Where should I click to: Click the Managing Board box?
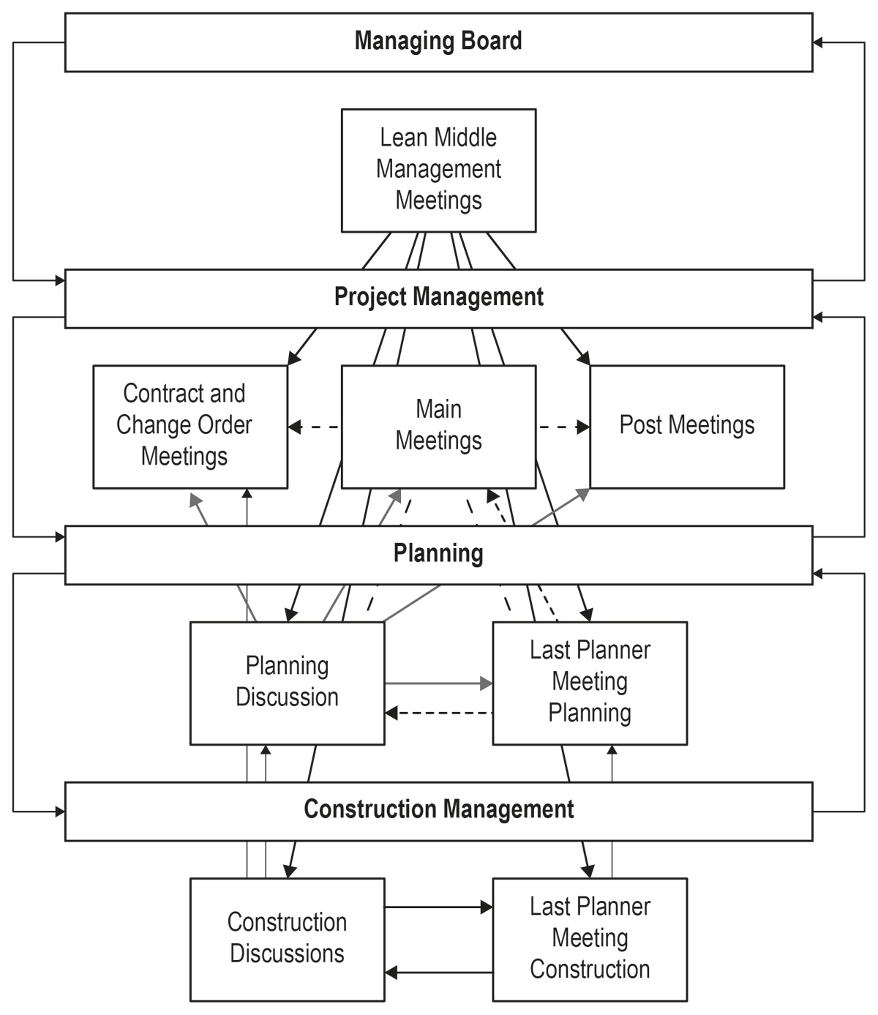(438, 42)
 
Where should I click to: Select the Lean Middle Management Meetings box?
(438, 171)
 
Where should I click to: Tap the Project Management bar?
(438, 299)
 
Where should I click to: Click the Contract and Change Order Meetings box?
(190, 427)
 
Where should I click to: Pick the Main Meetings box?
(438, 427)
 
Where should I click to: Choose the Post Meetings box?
(687, 427)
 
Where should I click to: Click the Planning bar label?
(438, 553)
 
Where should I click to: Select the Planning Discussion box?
(288, 683)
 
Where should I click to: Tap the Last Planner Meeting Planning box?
(590, 683)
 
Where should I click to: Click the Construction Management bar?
(438, 812)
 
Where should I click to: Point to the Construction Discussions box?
(288, 940)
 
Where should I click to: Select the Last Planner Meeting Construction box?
(590, 940)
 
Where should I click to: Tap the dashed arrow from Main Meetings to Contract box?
(315, 427)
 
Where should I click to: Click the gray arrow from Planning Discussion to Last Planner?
(438, 683)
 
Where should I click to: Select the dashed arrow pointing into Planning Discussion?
(438, 713)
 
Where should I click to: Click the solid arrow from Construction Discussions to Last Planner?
(438, 907)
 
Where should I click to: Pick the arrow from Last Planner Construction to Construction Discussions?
(438, 972)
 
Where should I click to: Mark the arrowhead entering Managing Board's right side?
(817, 42)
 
